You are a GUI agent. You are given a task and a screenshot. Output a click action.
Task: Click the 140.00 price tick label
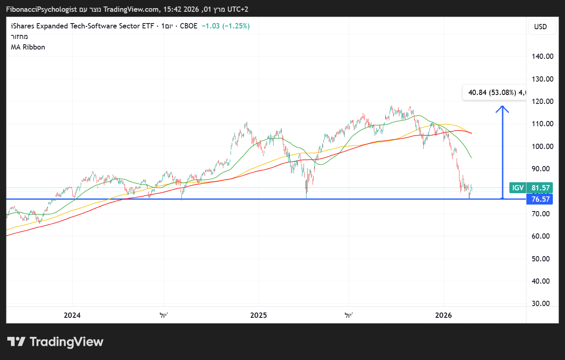pos(543,56)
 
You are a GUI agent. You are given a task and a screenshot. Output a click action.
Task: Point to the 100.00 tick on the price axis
pos(543,147)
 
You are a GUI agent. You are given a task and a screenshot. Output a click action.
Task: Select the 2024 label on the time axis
pos(72,315)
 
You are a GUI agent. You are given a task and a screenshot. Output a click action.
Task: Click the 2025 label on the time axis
pos(259,315)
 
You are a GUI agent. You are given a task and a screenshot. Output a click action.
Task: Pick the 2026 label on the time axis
pos(443,315)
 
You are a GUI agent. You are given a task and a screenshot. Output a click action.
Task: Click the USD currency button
pos(541,27)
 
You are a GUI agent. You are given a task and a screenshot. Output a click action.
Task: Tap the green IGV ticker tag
pos(518,188)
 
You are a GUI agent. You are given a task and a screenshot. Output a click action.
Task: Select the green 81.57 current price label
pos(541,188)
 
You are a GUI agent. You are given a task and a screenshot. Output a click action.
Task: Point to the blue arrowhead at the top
pos(502,108)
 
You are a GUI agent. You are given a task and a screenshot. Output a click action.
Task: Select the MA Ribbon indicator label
pos(28,47)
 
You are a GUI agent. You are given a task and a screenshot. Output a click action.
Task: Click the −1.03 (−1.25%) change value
pos(226,26)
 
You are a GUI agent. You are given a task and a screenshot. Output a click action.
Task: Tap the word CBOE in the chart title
pos(189,26)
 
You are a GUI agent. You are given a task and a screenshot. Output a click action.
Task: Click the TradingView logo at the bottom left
pos(56,342)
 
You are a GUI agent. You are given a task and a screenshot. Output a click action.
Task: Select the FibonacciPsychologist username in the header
pos(41,9)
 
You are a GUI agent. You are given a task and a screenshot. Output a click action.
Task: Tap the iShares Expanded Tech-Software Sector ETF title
pos(82,26)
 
